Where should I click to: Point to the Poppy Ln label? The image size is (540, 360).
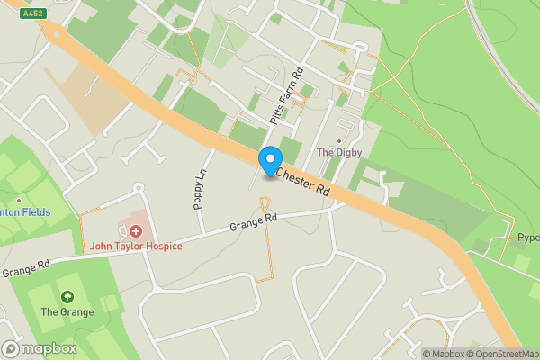pyautogui.click(x=200, y=187)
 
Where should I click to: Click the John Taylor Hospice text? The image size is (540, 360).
pyautogui.click(x=135, y=247)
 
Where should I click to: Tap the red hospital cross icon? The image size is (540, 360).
pyautogui.click(x=136, y=231)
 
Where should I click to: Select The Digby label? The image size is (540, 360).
pyautogui.click(x=338, y=153)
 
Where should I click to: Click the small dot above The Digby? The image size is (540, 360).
pyautogui.click(x=339, y=140)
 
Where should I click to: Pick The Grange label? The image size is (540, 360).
pyautogui.click(x=67, y=312)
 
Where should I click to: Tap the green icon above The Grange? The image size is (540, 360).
pyautogui.click(x=67, y=297)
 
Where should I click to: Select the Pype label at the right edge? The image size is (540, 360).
pyautogui.click(x=527, y=238)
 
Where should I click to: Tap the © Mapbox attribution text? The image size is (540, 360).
pyautogui.click(x=443, y=354)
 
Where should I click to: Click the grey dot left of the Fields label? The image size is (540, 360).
pyautogui.click(x=18, y=201)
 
